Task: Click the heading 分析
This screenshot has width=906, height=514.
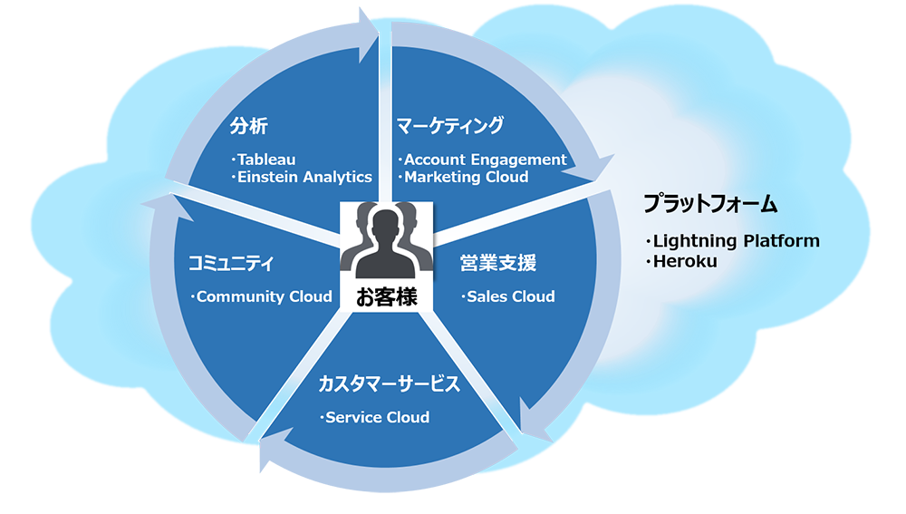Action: point(248,125)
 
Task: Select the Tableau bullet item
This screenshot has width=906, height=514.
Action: point(266,160)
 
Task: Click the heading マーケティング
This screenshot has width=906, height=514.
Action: point(449,125)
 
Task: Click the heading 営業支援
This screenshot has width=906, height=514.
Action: point(498,264)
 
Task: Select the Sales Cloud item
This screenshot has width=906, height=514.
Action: point(510,296)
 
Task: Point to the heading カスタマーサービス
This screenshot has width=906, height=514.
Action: point(389,383)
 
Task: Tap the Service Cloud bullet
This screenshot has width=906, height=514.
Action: point(377,417)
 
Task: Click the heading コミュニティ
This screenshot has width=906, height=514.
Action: point(230,264)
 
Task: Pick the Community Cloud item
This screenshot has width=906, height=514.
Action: point(251,296)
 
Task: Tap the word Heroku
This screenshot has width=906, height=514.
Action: point(685,261)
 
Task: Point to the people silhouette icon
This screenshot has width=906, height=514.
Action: point(387,241)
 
